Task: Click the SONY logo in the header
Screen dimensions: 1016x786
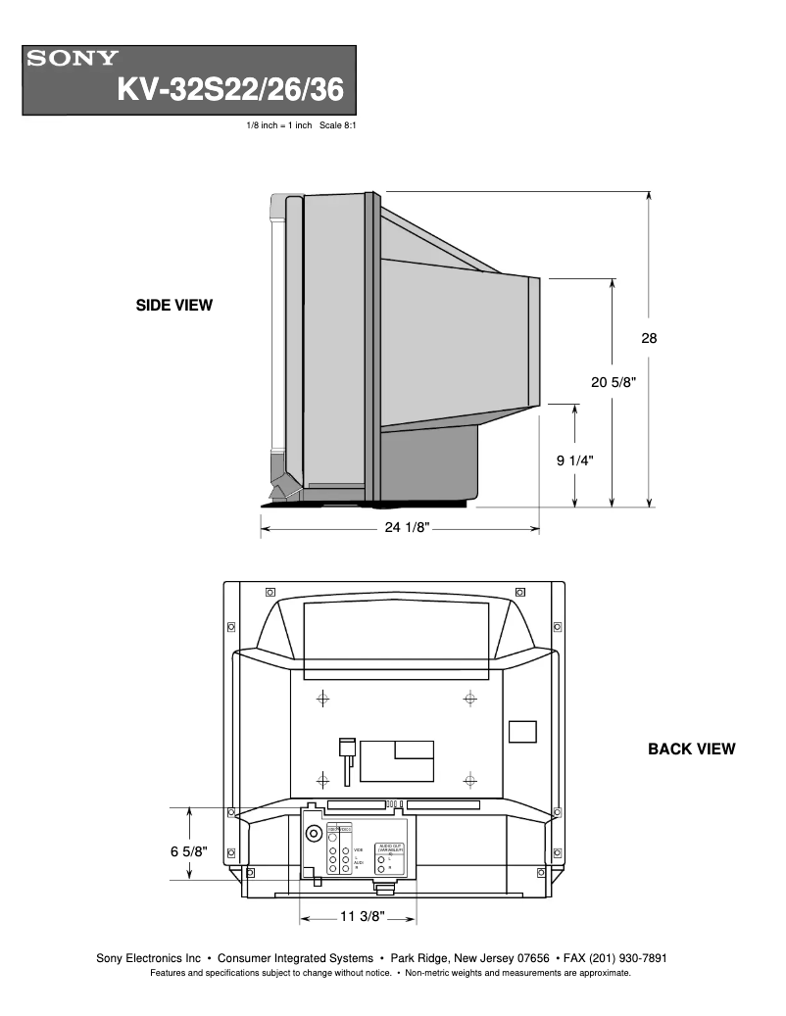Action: click(73, 59)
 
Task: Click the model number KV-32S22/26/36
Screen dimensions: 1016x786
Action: click(230, 89)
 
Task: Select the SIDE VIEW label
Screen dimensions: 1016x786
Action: click(173, 306)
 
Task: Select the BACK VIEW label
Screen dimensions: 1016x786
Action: click(691, 750)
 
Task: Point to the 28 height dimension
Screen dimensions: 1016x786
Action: click(649, 339)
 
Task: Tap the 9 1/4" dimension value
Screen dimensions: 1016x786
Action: click(575, 460)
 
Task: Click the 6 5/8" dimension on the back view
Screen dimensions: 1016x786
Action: click(188, 852)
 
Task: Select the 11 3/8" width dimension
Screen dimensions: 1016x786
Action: click(362, 918)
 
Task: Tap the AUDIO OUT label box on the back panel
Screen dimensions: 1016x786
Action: click(389, 846)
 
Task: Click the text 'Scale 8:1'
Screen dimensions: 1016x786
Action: click(334, 126)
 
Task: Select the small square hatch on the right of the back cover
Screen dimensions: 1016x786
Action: click(523, 732)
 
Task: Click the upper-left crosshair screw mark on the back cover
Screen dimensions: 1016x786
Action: click(322, 699)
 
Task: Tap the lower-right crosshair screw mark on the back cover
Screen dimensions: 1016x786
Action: click(470, 781)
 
